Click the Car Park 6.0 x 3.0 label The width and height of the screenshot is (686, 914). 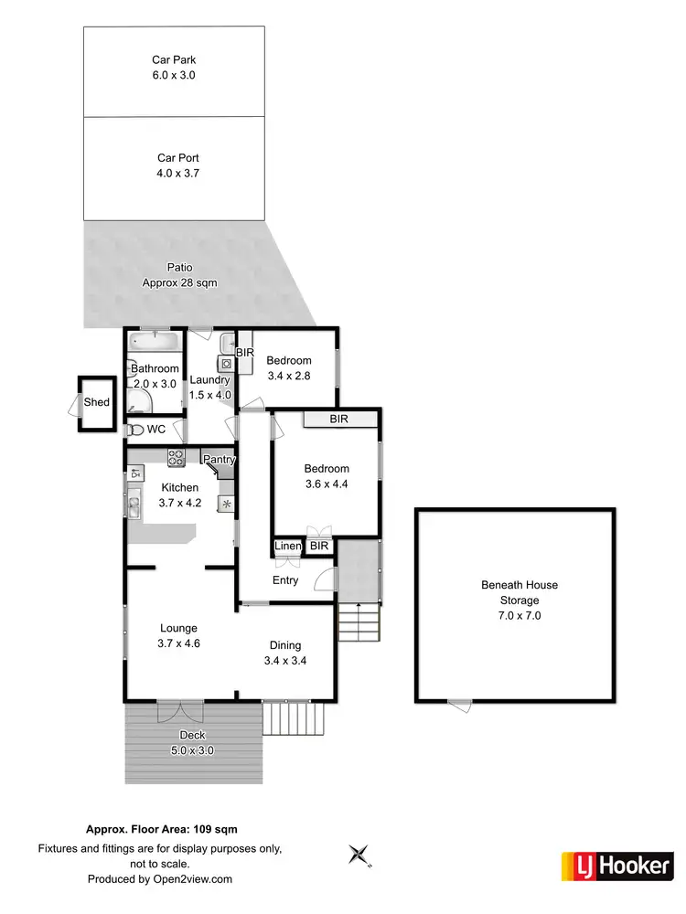174,69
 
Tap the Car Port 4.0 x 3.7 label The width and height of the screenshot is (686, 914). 177,165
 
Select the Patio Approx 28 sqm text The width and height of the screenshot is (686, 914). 179,275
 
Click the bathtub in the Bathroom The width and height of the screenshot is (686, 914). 155,343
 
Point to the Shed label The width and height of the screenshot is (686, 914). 96,402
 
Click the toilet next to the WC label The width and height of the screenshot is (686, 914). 134,428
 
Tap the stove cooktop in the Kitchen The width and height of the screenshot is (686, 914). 177,455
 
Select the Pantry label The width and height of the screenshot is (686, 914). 220,460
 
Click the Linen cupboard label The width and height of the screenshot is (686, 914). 288,547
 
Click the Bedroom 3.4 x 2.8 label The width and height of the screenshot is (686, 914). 289,367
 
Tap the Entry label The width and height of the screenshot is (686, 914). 285,580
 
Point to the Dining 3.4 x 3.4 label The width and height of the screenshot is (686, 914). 284,653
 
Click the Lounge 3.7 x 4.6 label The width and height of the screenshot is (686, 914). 179,635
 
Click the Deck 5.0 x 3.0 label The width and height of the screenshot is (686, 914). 193,743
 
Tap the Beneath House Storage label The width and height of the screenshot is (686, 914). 520,600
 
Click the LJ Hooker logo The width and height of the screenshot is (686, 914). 616,864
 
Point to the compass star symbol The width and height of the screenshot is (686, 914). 359,856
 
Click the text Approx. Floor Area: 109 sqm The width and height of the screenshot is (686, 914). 162,830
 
